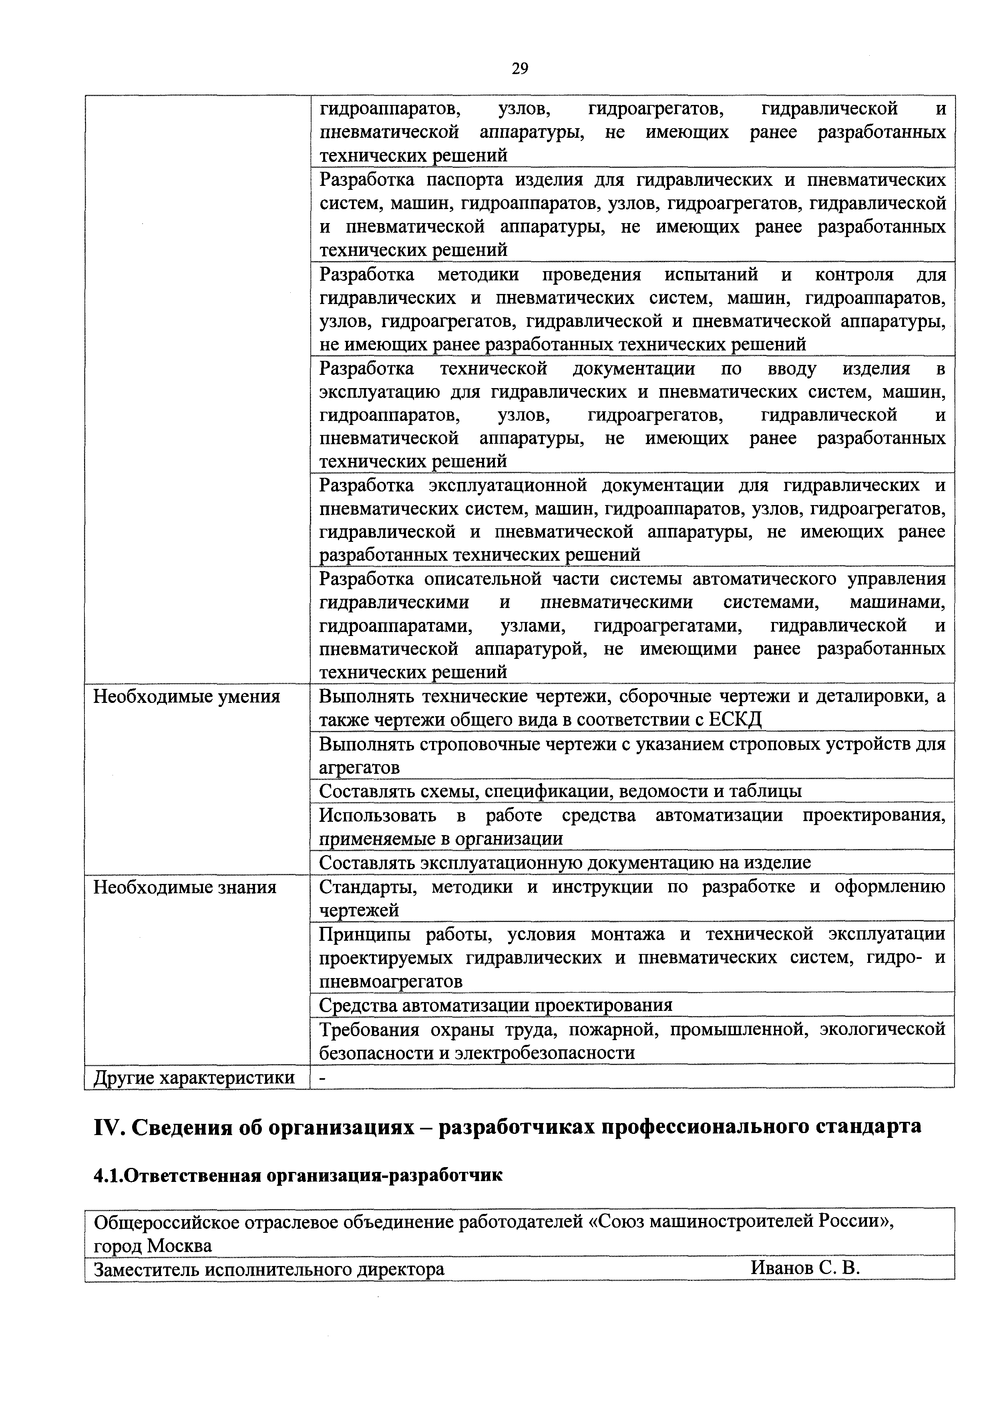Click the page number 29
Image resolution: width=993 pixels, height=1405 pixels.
click(519, 68)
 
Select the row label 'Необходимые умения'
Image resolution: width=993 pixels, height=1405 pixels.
click(186, 696)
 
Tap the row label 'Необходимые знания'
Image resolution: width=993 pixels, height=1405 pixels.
click(184, 887)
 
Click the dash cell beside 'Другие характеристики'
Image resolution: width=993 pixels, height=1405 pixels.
click(323, 1078)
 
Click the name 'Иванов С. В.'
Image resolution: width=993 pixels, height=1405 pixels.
click(805, 1268)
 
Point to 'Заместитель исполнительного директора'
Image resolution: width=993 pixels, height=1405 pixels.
click(269, 1269)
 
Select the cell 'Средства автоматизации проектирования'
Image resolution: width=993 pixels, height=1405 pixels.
click(496, 1005)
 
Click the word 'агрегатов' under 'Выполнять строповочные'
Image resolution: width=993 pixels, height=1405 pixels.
click(360, 767)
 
